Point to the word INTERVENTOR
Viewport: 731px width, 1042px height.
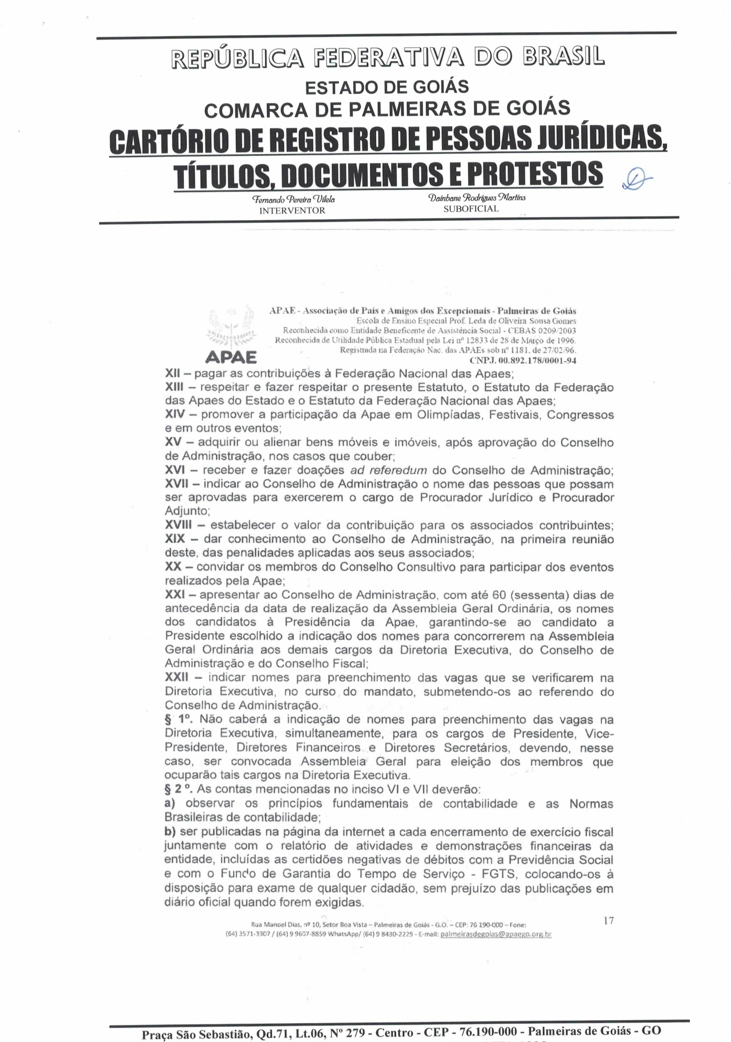tap(292, 210)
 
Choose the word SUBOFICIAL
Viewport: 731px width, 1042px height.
tap(471, 209)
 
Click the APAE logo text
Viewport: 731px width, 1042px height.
tap(231, 357)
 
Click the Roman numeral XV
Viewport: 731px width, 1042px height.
tap(173, 443)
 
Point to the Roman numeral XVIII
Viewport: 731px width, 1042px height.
tap(178, 525)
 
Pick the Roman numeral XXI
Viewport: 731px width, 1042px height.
tap(175, 595)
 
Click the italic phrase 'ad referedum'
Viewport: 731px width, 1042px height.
tap(389, 471)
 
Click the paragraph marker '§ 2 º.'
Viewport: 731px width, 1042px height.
tap(179, 790)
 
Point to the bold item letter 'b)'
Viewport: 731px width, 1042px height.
tap(170, 832)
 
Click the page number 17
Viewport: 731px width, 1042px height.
tap(608, 921)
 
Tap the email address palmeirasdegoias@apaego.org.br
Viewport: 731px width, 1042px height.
tap(496, 935)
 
